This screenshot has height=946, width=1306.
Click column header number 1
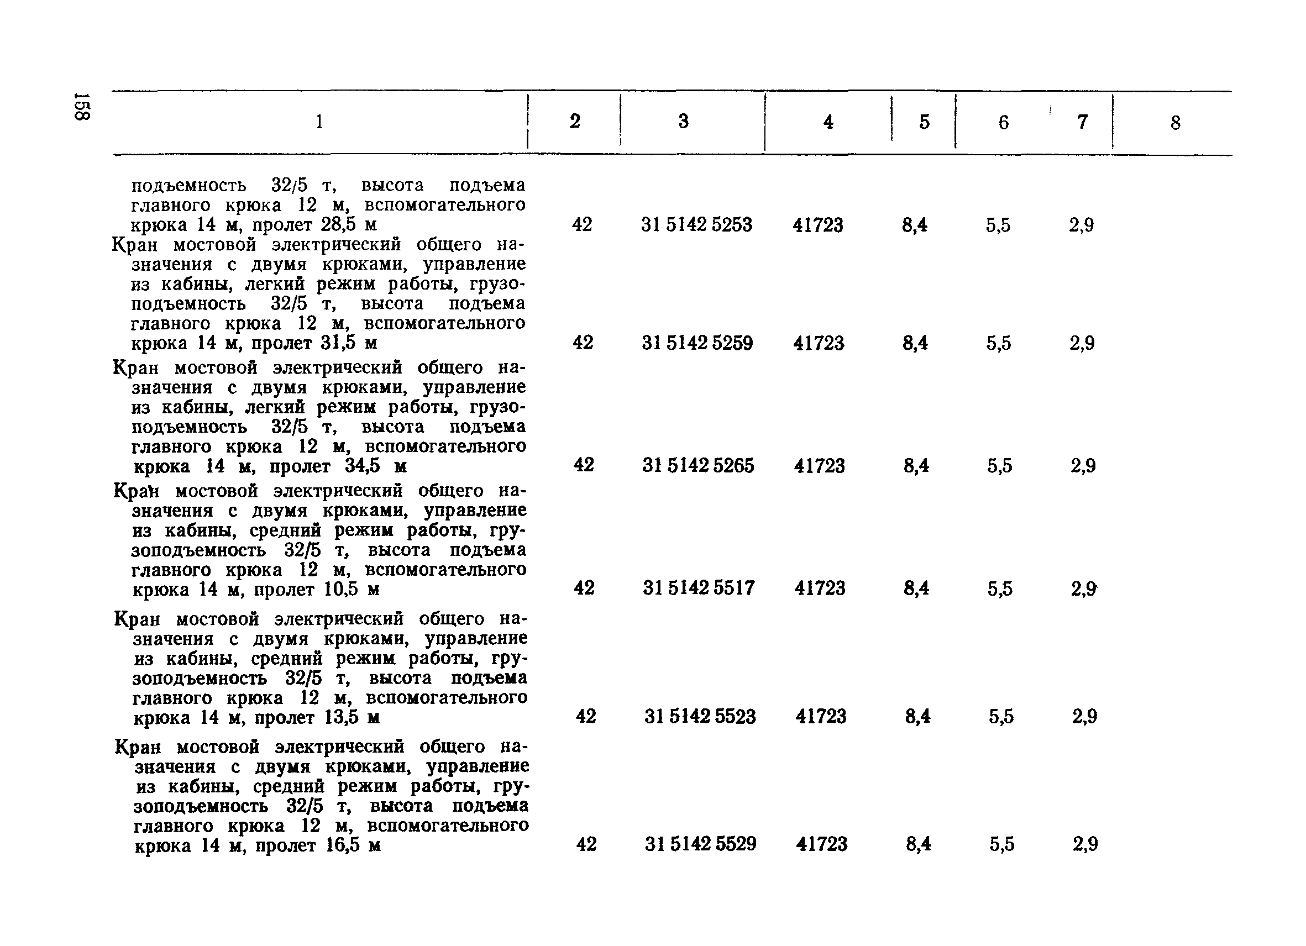pyautogui.click(x=319, y=122)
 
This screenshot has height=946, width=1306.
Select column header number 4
pyautogui.click(x=828, y=122)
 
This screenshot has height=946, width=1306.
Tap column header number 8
pyautogui.click(x=1175, y=123)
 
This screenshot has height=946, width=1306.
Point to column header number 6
pyautogui.click(x=1003, y=122)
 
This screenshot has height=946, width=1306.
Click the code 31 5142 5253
pyautogui.click(x=696, y=224)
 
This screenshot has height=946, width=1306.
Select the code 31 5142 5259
pyautogui.click(x=697, y=343)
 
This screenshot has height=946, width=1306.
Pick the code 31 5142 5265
pyautogui.click(x=698, y=465)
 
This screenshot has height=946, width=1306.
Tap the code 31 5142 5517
pyautogui.click(x=699, y=588)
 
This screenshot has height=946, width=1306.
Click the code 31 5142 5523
pyautogui.click(x=700, y=716)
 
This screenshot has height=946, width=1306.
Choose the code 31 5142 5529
pyautogui.click(x=700, y=844)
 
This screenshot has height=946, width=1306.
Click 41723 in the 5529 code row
pyautogui.click(x=822, y=844)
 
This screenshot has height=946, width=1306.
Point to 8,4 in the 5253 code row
pyautogui.click(x=915, y=224)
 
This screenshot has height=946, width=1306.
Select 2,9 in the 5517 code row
pyautogui.click(x=1084, y=588)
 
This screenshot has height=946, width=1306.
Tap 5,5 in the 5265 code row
pyautogui.click(x=1000, y=465)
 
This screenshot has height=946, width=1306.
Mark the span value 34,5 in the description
pyautogui.click(x=363, y=465)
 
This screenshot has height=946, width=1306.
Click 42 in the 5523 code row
pyautogui.click(x=586, y=716)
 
